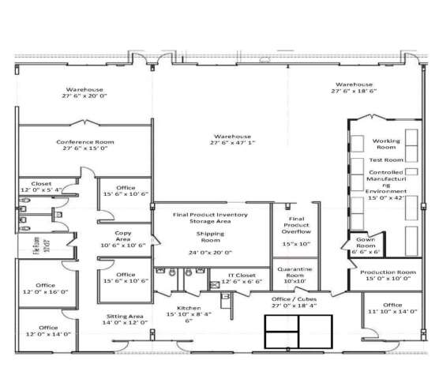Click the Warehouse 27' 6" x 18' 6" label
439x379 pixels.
point(354,88)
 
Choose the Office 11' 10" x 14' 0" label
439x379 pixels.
point(392,308)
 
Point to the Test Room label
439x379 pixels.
point(388,159)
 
